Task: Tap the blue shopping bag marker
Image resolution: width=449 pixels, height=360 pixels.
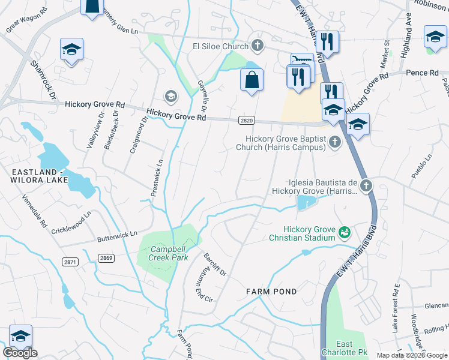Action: [x=252, y=80]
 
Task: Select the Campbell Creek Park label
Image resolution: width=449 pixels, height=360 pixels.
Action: [x=161, y=253]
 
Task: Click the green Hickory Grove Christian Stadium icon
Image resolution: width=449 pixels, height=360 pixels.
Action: [x=345, y=231]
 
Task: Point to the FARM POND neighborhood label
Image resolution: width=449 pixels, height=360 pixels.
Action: [x=271, y=292]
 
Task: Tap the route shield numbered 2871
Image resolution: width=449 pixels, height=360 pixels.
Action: [x=70, y=262]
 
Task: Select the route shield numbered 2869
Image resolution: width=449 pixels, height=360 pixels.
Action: [x=106, y=257]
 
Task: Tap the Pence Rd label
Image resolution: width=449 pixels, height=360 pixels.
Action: [x=422, y=73]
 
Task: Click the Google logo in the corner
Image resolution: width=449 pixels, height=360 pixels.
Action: [x=20, y=353]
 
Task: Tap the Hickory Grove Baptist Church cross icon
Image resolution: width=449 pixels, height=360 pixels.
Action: [x=336, y=142]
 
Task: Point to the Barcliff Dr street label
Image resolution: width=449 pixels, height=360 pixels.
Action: [x=214, y=264]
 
